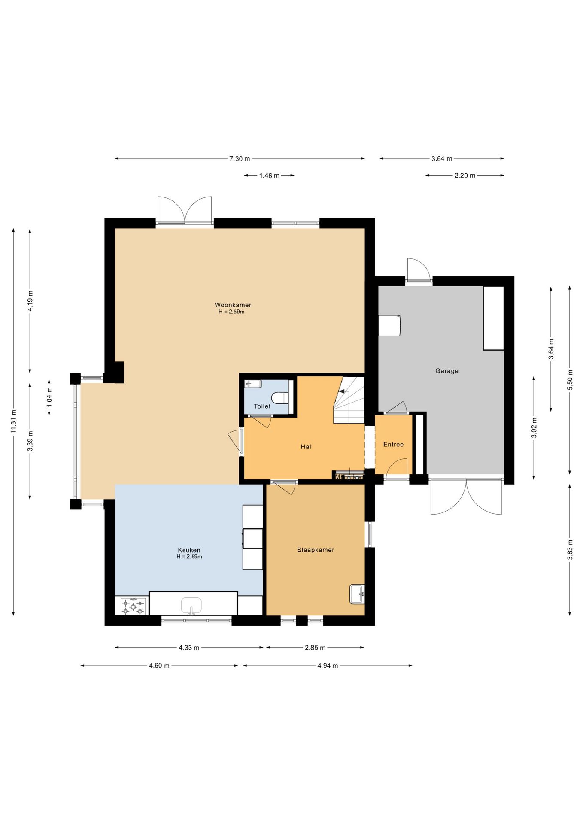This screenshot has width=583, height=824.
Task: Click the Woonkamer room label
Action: (233, 305)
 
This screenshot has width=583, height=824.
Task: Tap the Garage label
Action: (447, 371)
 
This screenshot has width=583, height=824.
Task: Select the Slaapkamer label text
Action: (316, 550)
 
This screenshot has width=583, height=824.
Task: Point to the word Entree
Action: (393, 445)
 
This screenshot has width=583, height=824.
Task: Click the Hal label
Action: (306, 447)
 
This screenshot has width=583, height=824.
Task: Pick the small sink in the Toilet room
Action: (253, 384)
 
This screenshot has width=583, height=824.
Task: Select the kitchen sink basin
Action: (191, 606)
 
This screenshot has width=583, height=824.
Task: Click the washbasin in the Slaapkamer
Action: (357, 594)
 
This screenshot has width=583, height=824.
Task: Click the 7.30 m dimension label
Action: (240, 159)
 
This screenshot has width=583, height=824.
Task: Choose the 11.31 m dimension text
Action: (14, 421)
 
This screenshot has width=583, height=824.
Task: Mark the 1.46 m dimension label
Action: (269, 176)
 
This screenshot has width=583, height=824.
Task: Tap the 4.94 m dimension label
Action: (328, 666)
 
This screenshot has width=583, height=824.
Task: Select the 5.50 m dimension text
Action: (570, 380)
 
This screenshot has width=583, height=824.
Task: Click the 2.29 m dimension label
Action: (465, 176)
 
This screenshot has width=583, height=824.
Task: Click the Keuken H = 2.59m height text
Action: (189, 557)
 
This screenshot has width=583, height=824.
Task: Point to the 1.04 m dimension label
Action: (49, 397)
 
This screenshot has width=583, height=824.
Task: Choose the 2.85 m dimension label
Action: (315, 648)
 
